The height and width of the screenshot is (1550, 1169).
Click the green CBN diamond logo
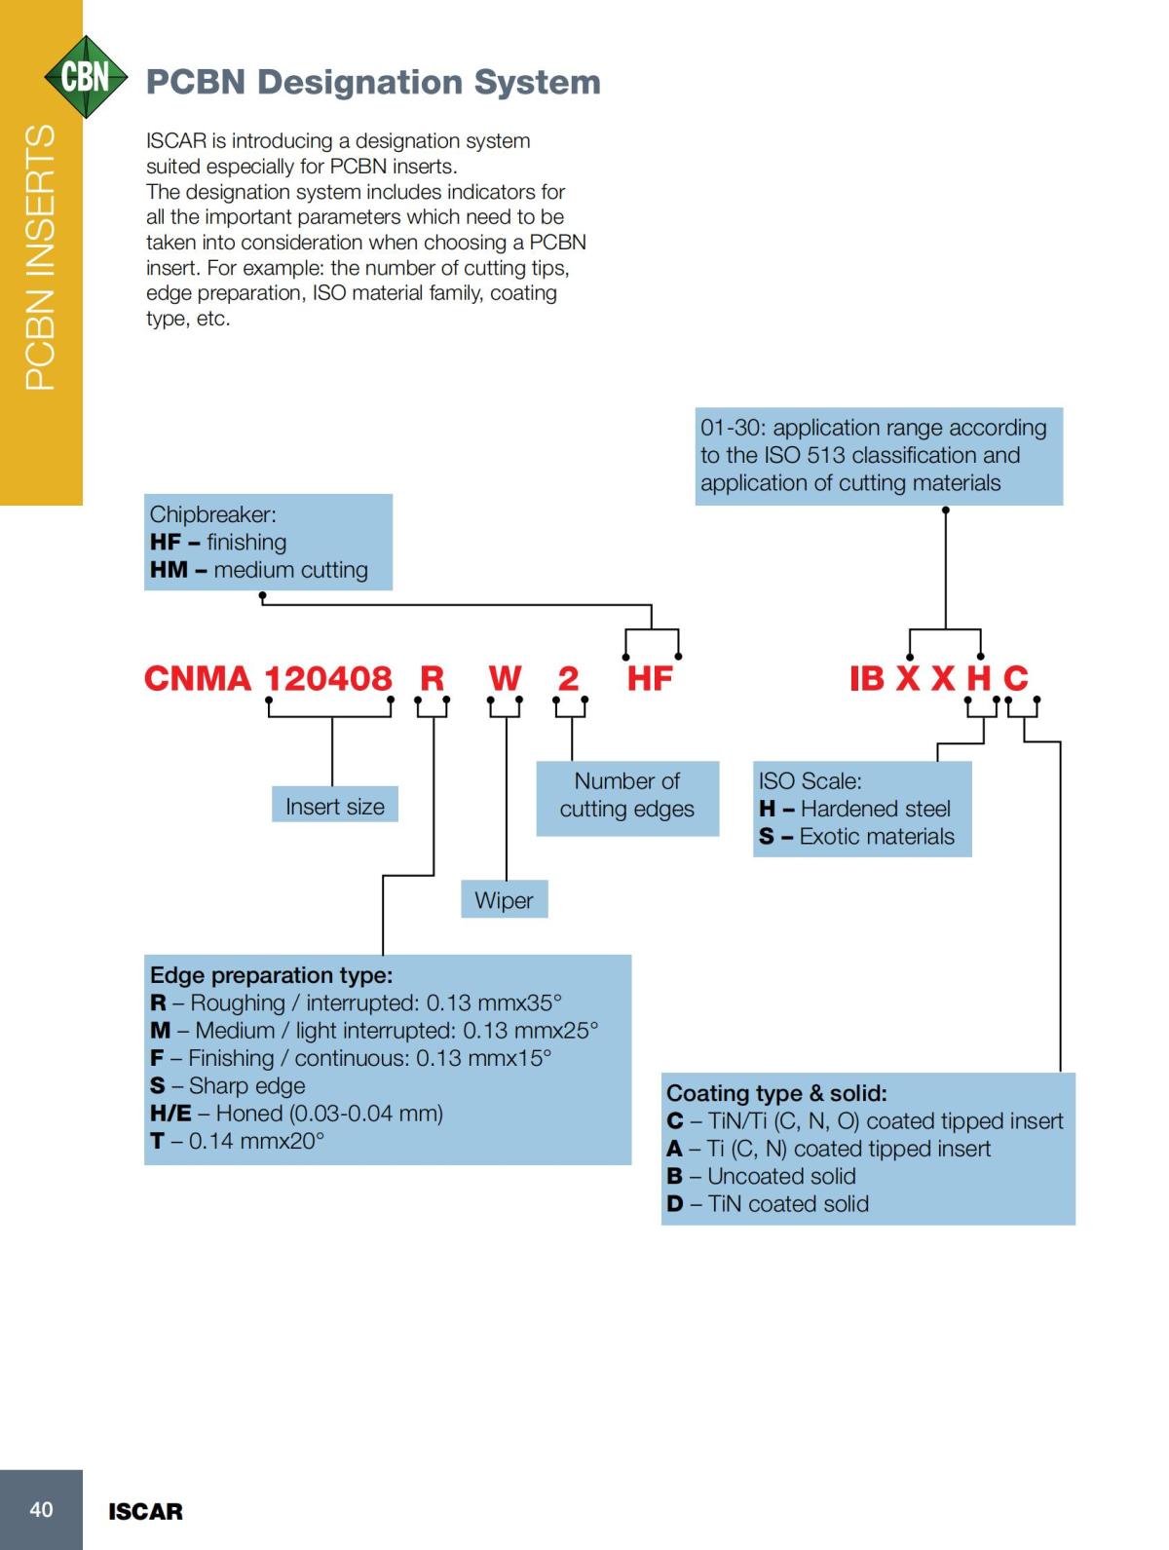86,77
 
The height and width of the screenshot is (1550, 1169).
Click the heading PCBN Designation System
373,82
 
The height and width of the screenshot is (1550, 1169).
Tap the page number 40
41,1509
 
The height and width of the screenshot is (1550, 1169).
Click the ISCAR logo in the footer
145,1512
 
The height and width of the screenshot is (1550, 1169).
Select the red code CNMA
198,678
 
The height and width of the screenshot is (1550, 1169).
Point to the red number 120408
328,678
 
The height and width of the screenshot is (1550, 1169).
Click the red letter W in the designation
505,678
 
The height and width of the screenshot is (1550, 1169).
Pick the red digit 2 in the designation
568,678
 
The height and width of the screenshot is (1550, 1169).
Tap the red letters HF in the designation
650,678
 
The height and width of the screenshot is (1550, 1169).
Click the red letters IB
867,678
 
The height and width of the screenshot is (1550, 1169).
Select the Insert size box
335,806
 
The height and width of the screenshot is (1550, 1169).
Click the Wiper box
504,900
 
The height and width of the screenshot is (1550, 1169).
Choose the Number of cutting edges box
627,795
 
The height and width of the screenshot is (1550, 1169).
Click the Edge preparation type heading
272,975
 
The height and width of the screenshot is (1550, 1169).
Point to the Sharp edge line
228,1085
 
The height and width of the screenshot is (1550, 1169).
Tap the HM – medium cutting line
259,570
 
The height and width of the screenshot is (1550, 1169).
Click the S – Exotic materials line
857,836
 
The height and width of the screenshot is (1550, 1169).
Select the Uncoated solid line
762,1176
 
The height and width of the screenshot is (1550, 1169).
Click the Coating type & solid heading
776,1093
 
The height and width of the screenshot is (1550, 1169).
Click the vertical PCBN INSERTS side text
40,258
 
